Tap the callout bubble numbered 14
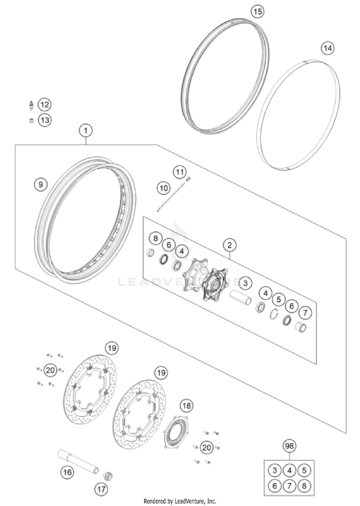pos(327,48)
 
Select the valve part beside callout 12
pos(31,105)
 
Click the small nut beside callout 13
pos(31,121)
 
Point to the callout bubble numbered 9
pos(41,185)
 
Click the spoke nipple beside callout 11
pos(189,177)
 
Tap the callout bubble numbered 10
pos(164,188)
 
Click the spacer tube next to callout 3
pos(241,297)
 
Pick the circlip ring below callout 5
pos(274,313)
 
